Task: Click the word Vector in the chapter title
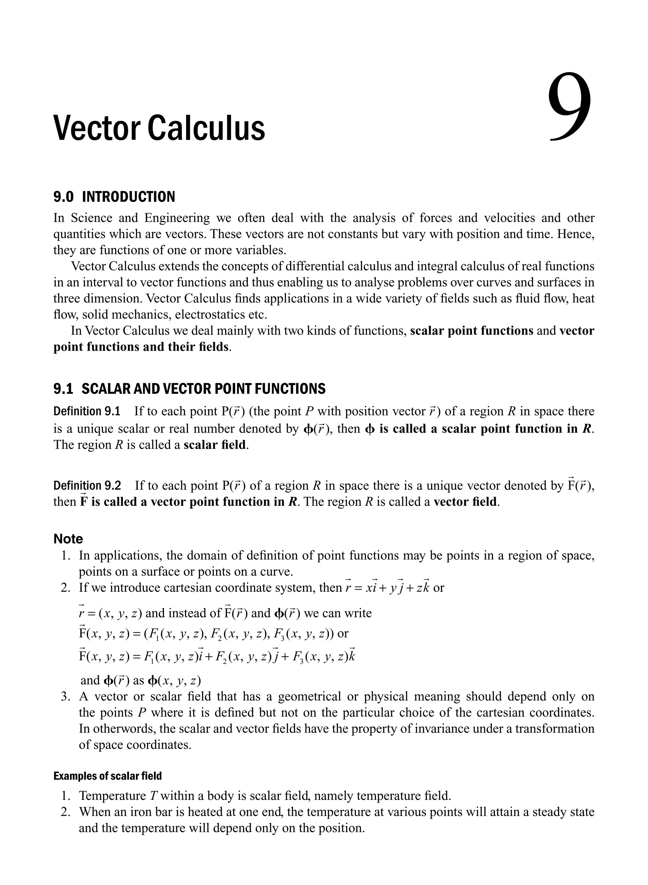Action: coord(97,128)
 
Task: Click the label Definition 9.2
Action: coord(87,486)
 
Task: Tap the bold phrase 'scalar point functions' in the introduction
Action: coord(471,331)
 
